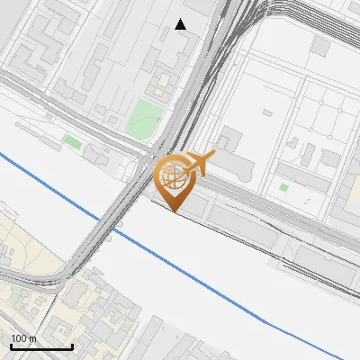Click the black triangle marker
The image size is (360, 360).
pyautogui.click(x=181, y=24)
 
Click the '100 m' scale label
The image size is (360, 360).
pyautogui.click(x=24, y=338)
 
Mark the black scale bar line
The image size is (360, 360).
pyautogui.click(x=41, y=347)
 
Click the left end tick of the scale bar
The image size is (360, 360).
pyautogui.click(x=11, y=346)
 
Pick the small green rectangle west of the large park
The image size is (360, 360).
pyautogui.click(x=73, y=142)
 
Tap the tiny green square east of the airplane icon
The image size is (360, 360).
pyautogui.click(x=284, y=187)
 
